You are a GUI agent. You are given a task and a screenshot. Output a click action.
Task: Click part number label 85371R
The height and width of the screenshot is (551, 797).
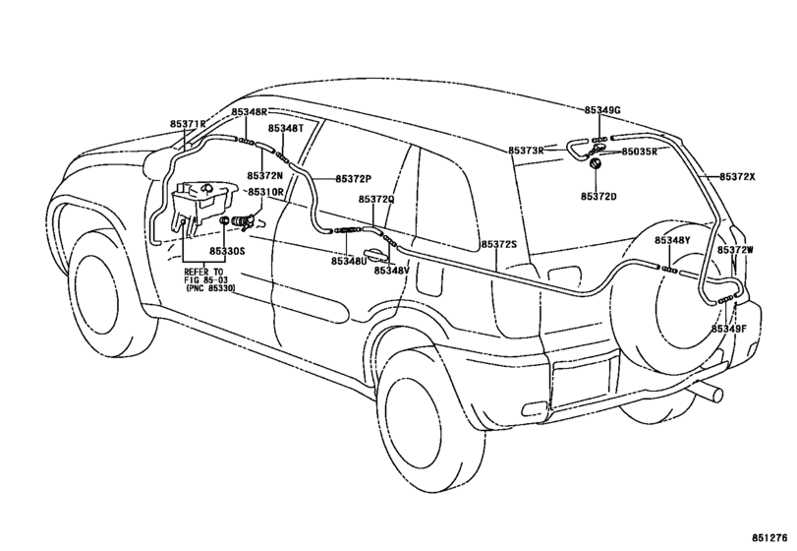pos(187,125)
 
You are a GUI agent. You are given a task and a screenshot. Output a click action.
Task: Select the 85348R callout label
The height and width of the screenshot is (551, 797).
pos(250,113)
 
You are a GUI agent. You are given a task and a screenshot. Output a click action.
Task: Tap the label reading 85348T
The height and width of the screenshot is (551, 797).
pos(286,128)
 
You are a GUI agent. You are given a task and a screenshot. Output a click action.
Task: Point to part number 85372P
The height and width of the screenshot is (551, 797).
pos(353,179)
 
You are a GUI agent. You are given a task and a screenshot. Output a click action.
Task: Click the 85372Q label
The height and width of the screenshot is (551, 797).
pos(376,199)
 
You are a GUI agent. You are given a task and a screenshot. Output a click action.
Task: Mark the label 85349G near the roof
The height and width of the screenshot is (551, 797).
pos(602,111)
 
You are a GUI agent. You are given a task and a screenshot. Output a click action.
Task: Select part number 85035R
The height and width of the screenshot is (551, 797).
pos(640,152)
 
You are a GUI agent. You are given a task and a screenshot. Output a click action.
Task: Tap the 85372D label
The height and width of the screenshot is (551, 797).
pos(598,197)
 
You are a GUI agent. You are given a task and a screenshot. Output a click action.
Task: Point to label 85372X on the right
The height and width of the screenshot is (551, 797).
pos(737,176)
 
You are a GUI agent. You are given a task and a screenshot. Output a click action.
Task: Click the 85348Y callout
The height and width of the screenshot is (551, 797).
pos(673,241)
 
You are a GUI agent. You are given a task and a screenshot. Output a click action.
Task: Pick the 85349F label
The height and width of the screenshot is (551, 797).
pos(729,328)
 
